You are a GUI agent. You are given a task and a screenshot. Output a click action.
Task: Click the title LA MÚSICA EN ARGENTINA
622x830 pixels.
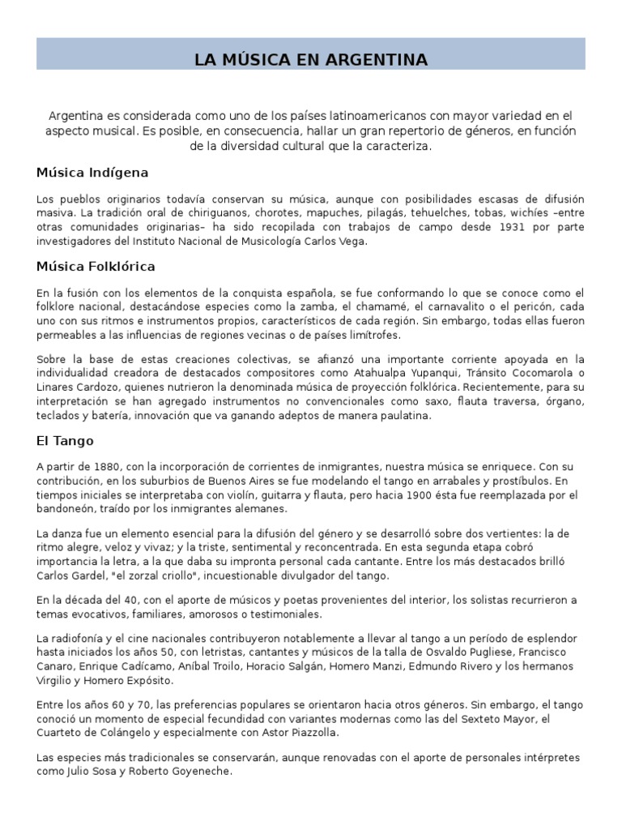[311, 60]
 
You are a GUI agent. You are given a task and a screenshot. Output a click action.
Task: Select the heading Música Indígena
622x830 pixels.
[92, 173]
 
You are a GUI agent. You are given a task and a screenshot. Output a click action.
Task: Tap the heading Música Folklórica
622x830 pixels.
[96, 266]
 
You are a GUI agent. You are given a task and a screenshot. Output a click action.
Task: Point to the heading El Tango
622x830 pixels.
[65, 441]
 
